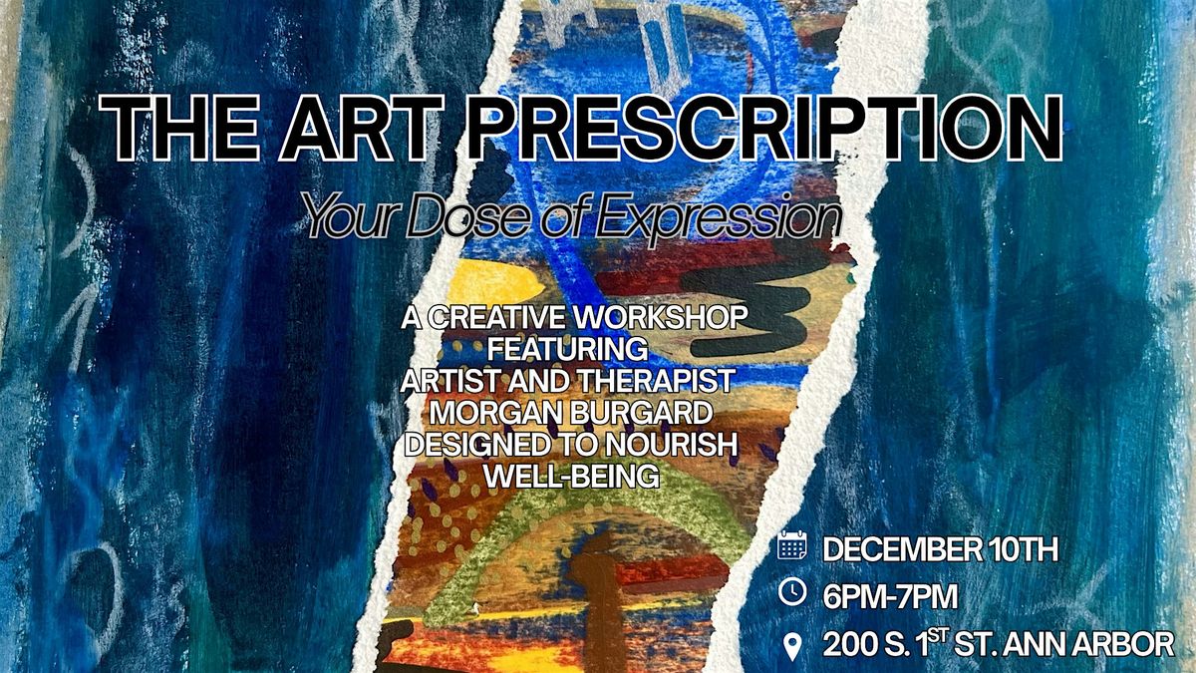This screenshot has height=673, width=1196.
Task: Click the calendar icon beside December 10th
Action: coord(791,545)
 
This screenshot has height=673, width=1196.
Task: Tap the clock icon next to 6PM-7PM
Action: coord(791,592)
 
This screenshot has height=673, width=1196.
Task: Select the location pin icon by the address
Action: coord(791,646)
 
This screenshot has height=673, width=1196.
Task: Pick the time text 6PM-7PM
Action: coord(890,595)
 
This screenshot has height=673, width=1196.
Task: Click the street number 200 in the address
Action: coord(853,645)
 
